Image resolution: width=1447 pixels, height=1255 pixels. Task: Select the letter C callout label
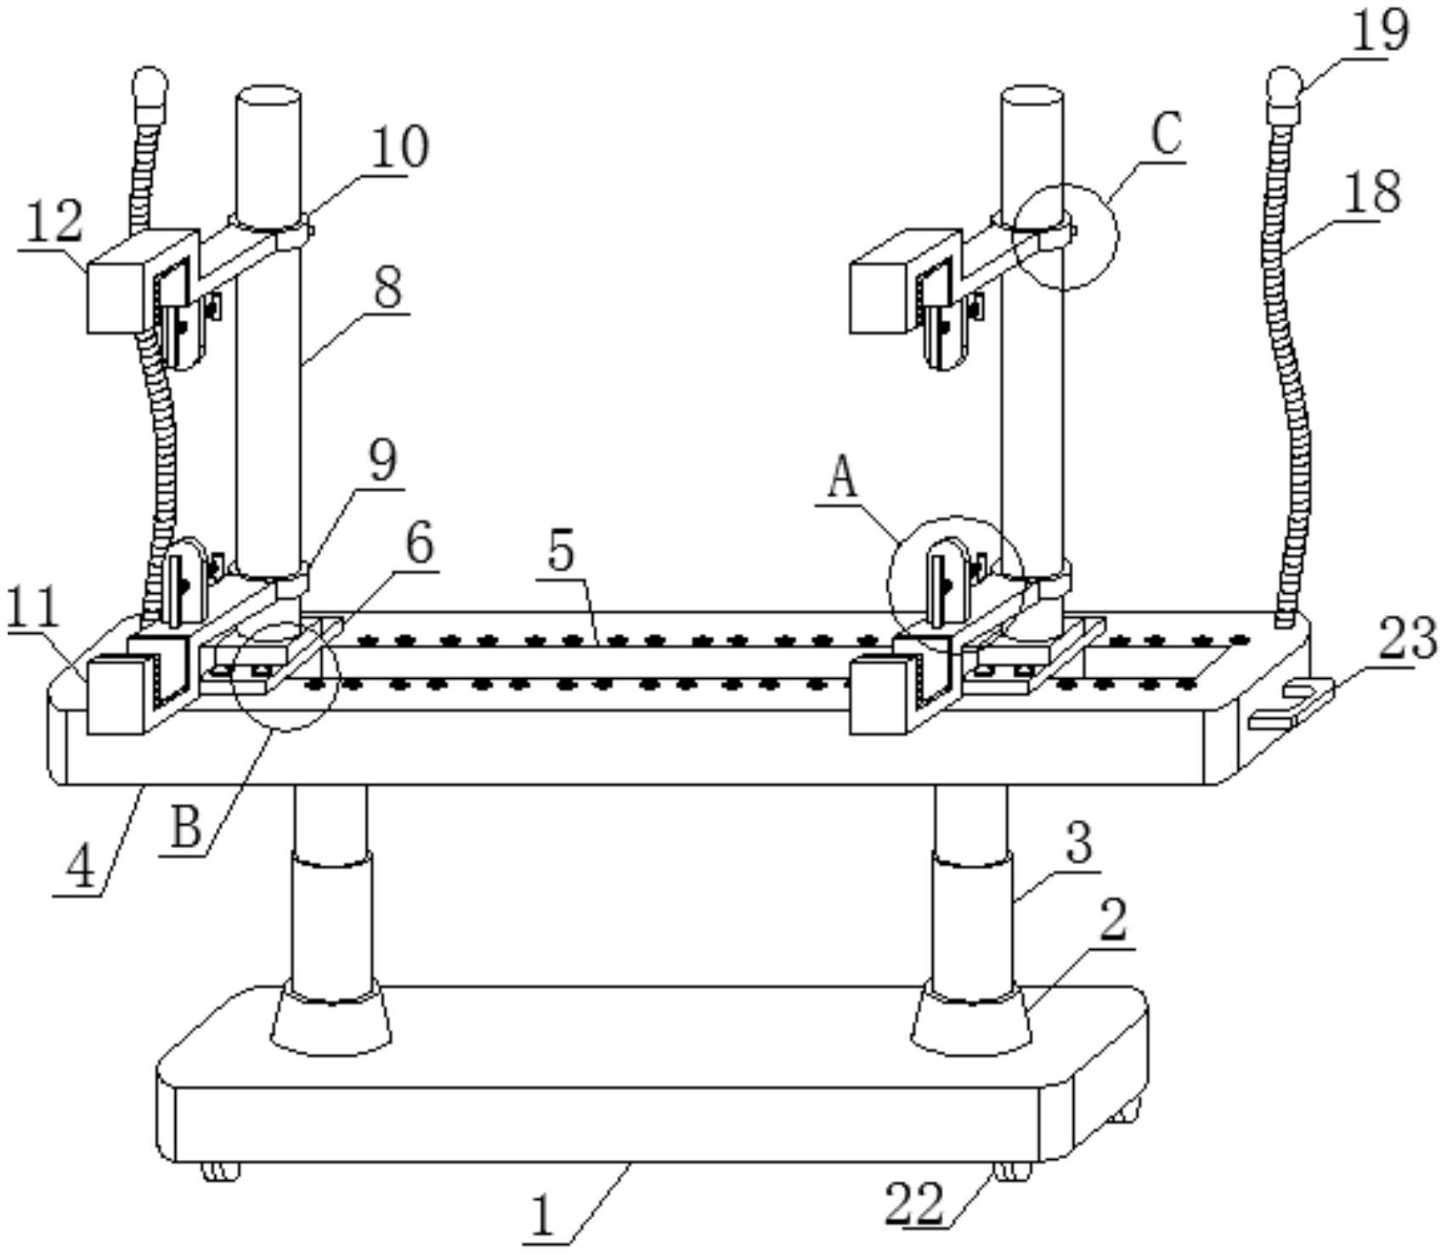(x=1167, y=134)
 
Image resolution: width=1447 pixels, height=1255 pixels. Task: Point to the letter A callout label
(x=842, y=478)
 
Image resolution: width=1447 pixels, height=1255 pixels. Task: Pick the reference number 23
(x=1406, y=639)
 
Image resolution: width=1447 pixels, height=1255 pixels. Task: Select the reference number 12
(x=53, y=223)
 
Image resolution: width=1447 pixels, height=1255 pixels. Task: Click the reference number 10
(x=399, y=147)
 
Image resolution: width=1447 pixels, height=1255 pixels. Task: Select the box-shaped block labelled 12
(x=119, y=293)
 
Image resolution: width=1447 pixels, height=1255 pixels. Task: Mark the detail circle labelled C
(x=1065, y=236)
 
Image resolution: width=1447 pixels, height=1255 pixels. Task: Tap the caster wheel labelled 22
(x=1011, y=1171)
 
